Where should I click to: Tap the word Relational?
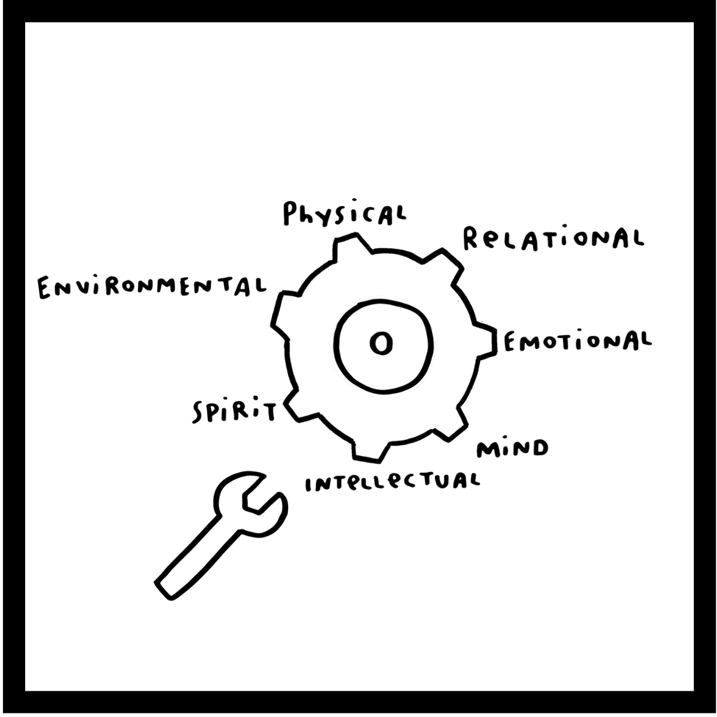[553, 238]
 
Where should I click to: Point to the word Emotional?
[577, 342]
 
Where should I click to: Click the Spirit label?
[233, 411]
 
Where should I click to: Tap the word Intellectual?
[392, 482]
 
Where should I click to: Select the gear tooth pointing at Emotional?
[487, 342]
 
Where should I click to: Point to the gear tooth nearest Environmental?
[286, 308]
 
